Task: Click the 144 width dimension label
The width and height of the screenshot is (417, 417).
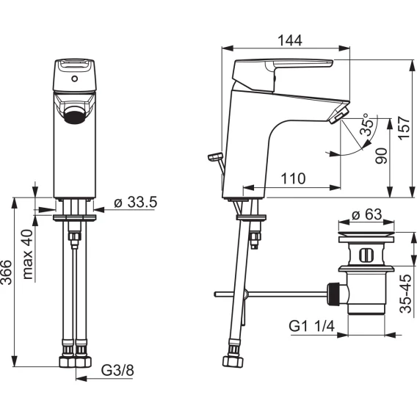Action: click(x=290, y=40)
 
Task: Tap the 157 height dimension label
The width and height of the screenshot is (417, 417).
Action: click(x=404, y=127)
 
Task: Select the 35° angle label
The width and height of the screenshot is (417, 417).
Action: click(x=367, y=125)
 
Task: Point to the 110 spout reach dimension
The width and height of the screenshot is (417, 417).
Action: click(x=294, y=178)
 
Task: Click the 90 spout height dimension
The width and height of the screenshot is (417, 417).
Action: click(x=381, y=156)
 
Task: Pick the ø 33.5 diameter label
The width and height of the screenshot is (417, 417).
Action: click(x=136, y=202)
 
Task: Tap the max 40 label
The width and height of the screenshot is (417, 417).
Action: click(x=28, y=254)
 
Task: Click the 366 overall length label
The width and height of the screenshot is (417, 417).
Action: click(x=7, y=272)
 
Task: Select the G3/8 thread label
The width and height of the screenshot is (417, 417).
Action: click(x=117, y=370)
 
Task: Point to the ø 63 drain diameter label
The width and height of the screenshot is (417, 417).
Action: click(x=366, y=214)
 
